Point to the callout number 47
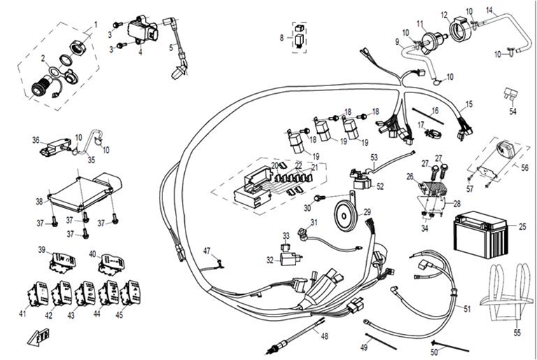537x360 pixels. tap(207, 251)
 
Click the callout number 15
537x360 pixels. tap(468, 104)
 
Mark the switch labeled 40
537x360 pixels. tap(111, 262)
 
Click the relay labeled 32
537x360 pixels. tap(288, 259)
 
